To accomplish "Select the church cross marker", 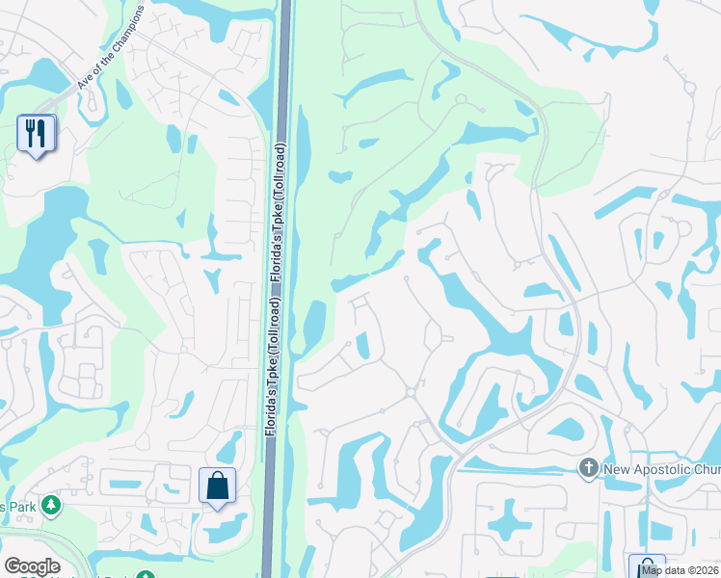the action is pos(589,468).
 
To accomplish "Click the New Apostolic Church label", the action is pos(661,469).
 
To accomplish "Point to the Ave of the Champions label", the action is pos(112,57).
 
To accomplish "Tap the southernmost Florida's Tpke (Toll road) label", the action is pos(274,366).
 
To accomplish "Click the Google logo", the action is pos(32,566).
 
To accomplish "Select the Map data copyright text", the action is pos(680,570).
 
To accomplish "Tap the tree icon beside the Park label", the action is pos(51,505).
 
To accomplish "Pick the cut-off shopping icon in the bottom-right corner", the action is pos(647,566).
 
